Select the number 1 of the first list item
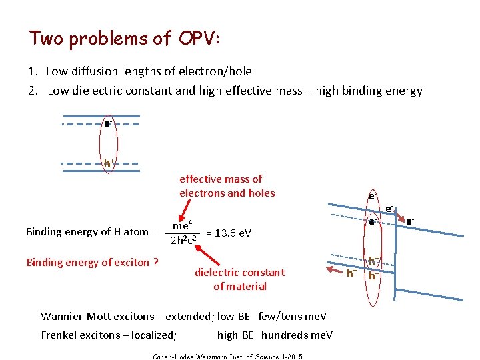pyautogui.click(x=32, y=71)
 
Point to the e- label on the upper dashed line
pyautogui.click(x=107, y=123)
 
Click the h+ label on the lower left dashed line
pyautogui.click(x=107, y=162)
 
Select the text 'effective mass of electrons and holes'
pyautogui.click(x=227, y=186)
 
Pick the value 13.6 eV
pyautogui.click(x=229, y=233)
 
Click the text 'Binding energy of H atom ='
pyautogui.click(x=91, y=232)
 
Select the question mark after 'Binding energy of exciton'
pyautogui.click(x=155, y=262)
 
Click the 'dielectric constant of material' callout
pyautogui.click(x=239, y=279)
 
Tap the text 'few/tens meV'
pyautogui.click(x=296, y=316)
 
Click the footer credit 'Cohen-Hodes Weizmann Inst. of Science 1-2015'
pyautogui.click(x=227, y=357)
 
